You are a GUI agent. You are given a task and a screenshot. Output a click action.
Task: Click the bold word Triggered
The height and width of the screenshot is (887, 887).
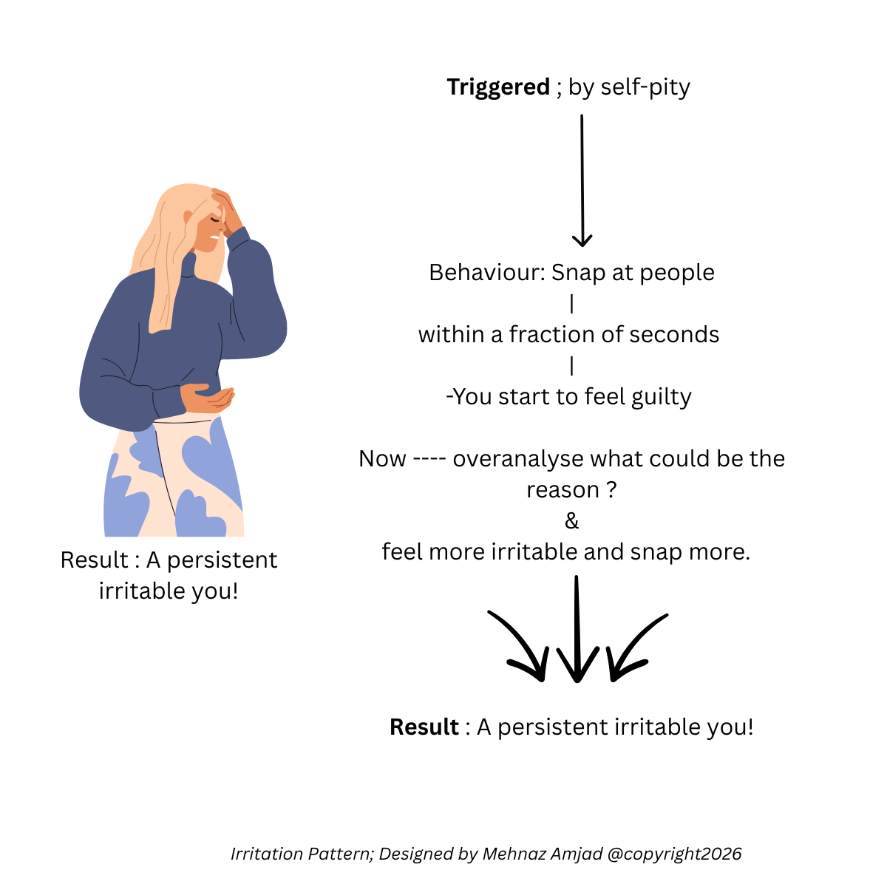pyautogui.click(x=498, y=87)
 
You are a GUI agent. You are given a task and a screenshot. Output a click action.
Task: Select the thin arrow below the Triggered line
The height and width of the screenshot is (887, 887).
pyautogui.click(x=582, y=180)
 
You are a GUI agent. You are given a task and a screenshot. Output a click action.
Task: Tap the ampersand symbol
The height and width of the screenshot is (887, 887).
pyautogui.click(x=571, y=521)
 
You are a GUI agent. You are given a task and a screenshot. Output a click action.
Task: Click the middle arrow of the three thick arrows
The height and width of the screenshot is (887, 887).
pyautogui.click(x=577, y=628)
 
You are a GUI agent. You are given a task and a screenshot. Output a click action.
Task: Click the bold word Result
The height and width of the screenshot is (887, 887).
pyautogui.click(x=424, y=727)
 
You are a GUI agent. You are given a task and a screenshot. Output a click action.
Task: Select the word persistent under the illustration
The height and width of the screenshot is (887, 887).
pyautogui.click(x=222, y=560)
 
